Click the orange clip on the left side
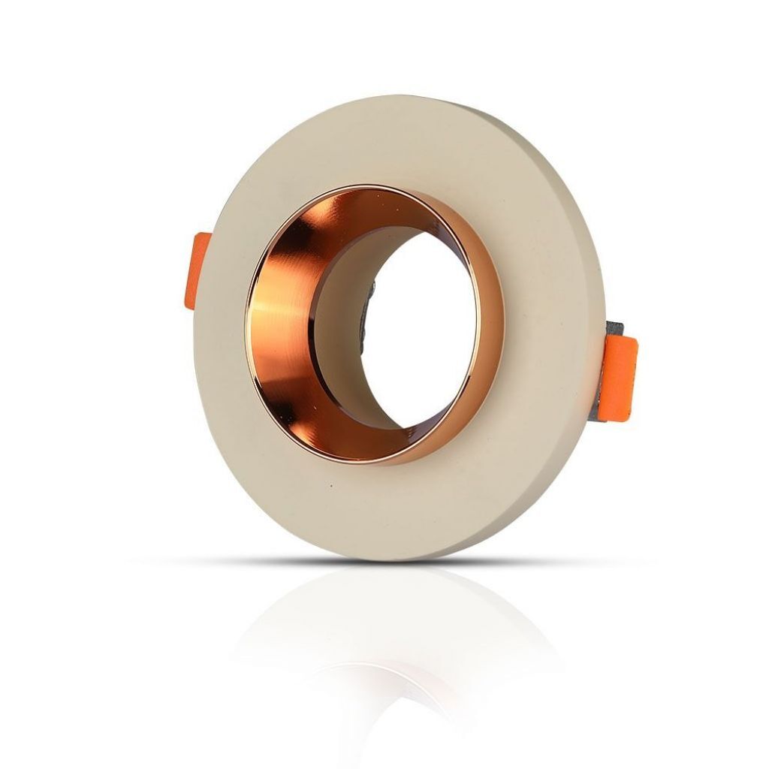click(200, 270)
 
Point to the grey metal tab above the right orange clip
click(614, 328)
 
